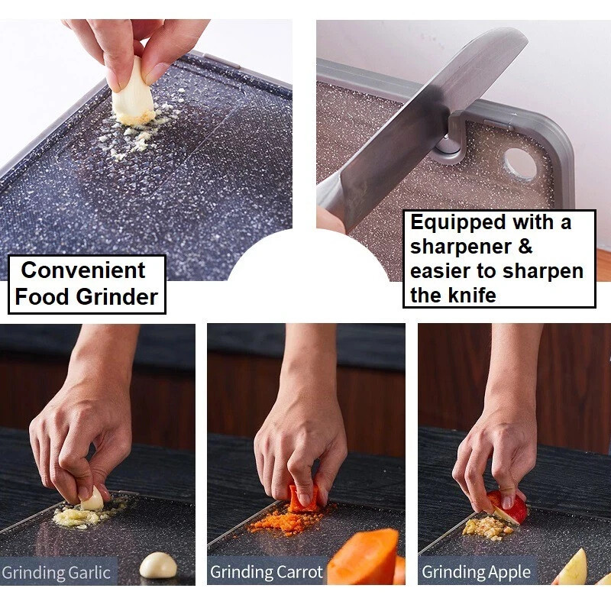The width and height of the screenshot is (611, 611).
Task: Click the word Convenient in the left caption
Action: [x=82, y=270]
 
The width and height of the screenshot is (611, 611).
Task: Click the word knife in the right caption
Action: [x=474, y=295]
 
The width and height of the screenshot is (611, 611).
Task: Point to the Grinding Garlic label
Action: [x=56, y=571]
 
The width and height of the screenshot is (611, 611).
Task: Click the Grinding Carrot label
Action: [x=266, y=571]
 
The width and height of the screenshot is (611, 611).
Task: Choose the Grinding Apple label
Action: [x=476, y=571]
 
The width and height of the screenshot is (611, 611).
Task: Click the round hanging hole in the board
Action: [x=519, y=164]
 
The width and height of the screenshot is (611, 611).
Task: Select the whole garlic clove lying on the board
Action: [x=158, y=565]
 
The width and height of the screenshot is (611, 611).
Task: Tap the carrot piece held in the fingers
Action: [x=303, y=497]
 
